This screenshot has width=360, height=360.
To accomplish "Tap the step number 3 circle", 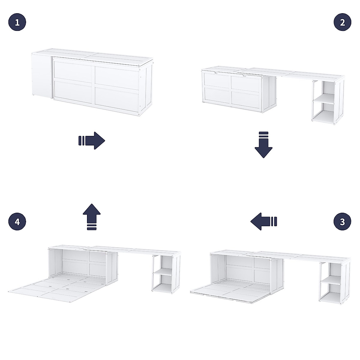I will click(x=343, y=222).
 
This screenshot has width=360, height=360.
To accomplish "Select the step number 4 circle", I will click(x=17, y=222).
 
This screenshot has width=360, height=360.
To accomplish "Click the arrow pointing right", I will click(x=92, y=140).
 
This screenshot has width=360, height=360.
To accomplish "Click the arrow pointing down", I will click(x=263, y=145).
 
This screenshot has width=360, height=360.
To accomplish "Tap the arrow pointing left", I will click(x=263, y=222).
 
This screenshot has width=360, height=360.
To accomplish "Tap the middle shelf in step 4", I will click(x=162, y=272).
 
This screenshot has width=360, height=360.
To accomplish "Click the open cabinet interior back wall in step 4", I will click(x=84, y=262).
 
